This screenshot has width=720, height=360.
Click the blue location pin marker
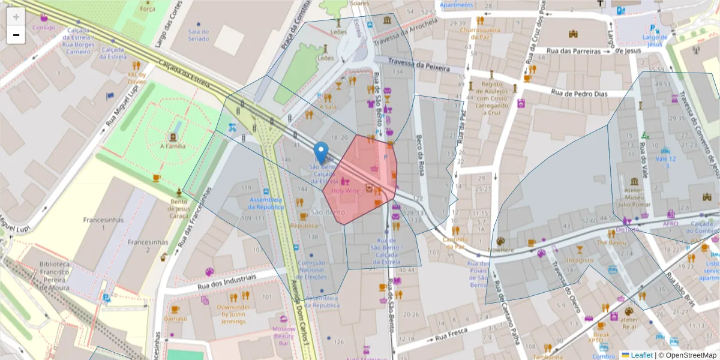pyautogui.click(x=322, y=152)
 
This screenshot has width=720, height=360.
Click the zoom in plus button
pyautogui.click(x=16, y=16)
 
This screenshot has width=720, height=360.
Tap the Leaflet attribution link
pyautogui.click(x=641, y=355)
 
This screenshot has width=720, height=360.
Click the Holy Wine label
pyautogui.click(x=345, y=191)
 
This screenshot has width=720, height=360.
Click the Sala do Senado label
pyautogui.click(x=198, y=35)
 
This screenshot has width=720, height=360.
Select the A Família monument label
pyautogui.click(x=173, y=146)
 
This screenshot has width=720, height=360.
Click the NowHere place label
pyautogui.click(x=500, y=250)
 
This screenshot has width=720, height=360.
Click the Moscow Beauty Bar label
pyautogui.click(x=283, y=336)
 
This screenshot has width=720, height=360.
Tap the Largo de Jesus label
pyautogui.click(x=655, y=40)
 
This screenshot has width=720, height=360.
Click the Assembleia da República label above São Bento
pyautogui.click(x=265, y=203)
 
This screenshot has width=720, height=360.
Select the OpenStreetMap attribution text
pyautogui.click(x=687, y=355)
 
